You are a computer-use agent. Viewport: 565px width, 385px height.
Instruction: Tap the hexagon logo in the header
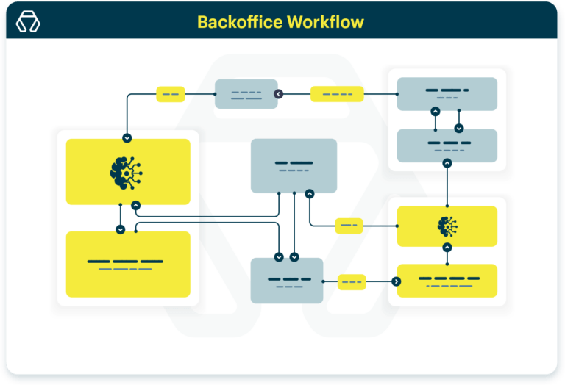[28, 22]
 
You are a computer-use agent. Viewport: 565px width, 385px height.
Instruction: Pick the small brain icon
[447, 226]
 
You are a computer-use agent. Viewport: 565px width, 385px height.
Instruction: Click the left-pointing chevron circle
[279, 94]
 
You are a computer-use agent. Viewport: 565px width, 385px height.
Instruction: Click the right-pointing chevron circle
[397, 281]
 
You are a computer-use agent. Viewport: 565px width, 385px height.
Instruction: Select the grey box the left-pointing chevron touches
[246, 94]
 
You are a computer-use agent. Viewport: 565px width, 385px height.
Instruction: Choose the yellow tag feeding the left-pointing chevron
[337, 94]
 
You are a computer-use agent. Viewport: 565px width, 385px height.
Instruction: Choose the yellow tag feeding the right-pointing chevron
[352, 281]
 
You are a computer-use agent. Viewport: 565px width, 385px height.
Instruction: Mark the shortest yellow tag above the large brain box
[170, 94]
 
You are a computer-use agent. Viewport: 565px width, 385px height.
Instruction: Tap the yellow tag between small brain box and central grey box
[349, 226]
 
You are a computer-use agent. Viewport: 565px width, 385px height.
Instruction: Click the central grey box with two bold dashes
[294, 165]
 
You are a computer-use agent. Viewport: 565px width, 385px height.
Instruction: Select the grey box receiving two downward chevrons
[286, 280]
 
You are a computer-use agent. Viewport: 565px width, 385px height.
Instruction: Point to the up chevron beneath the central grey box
[310, 194]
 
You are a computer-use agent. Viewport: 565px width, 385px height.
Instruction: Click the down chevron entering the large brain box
[127, 137]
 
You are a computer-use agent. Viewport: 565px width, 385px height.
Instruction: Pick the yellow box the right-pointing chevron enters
[447, 280]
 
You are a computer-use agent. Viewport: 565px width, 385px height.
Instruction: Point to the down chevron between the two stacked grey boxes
[458, 128]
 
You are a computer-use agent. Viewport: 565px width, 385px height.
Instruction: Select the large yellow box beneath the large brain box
[128, 265]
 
